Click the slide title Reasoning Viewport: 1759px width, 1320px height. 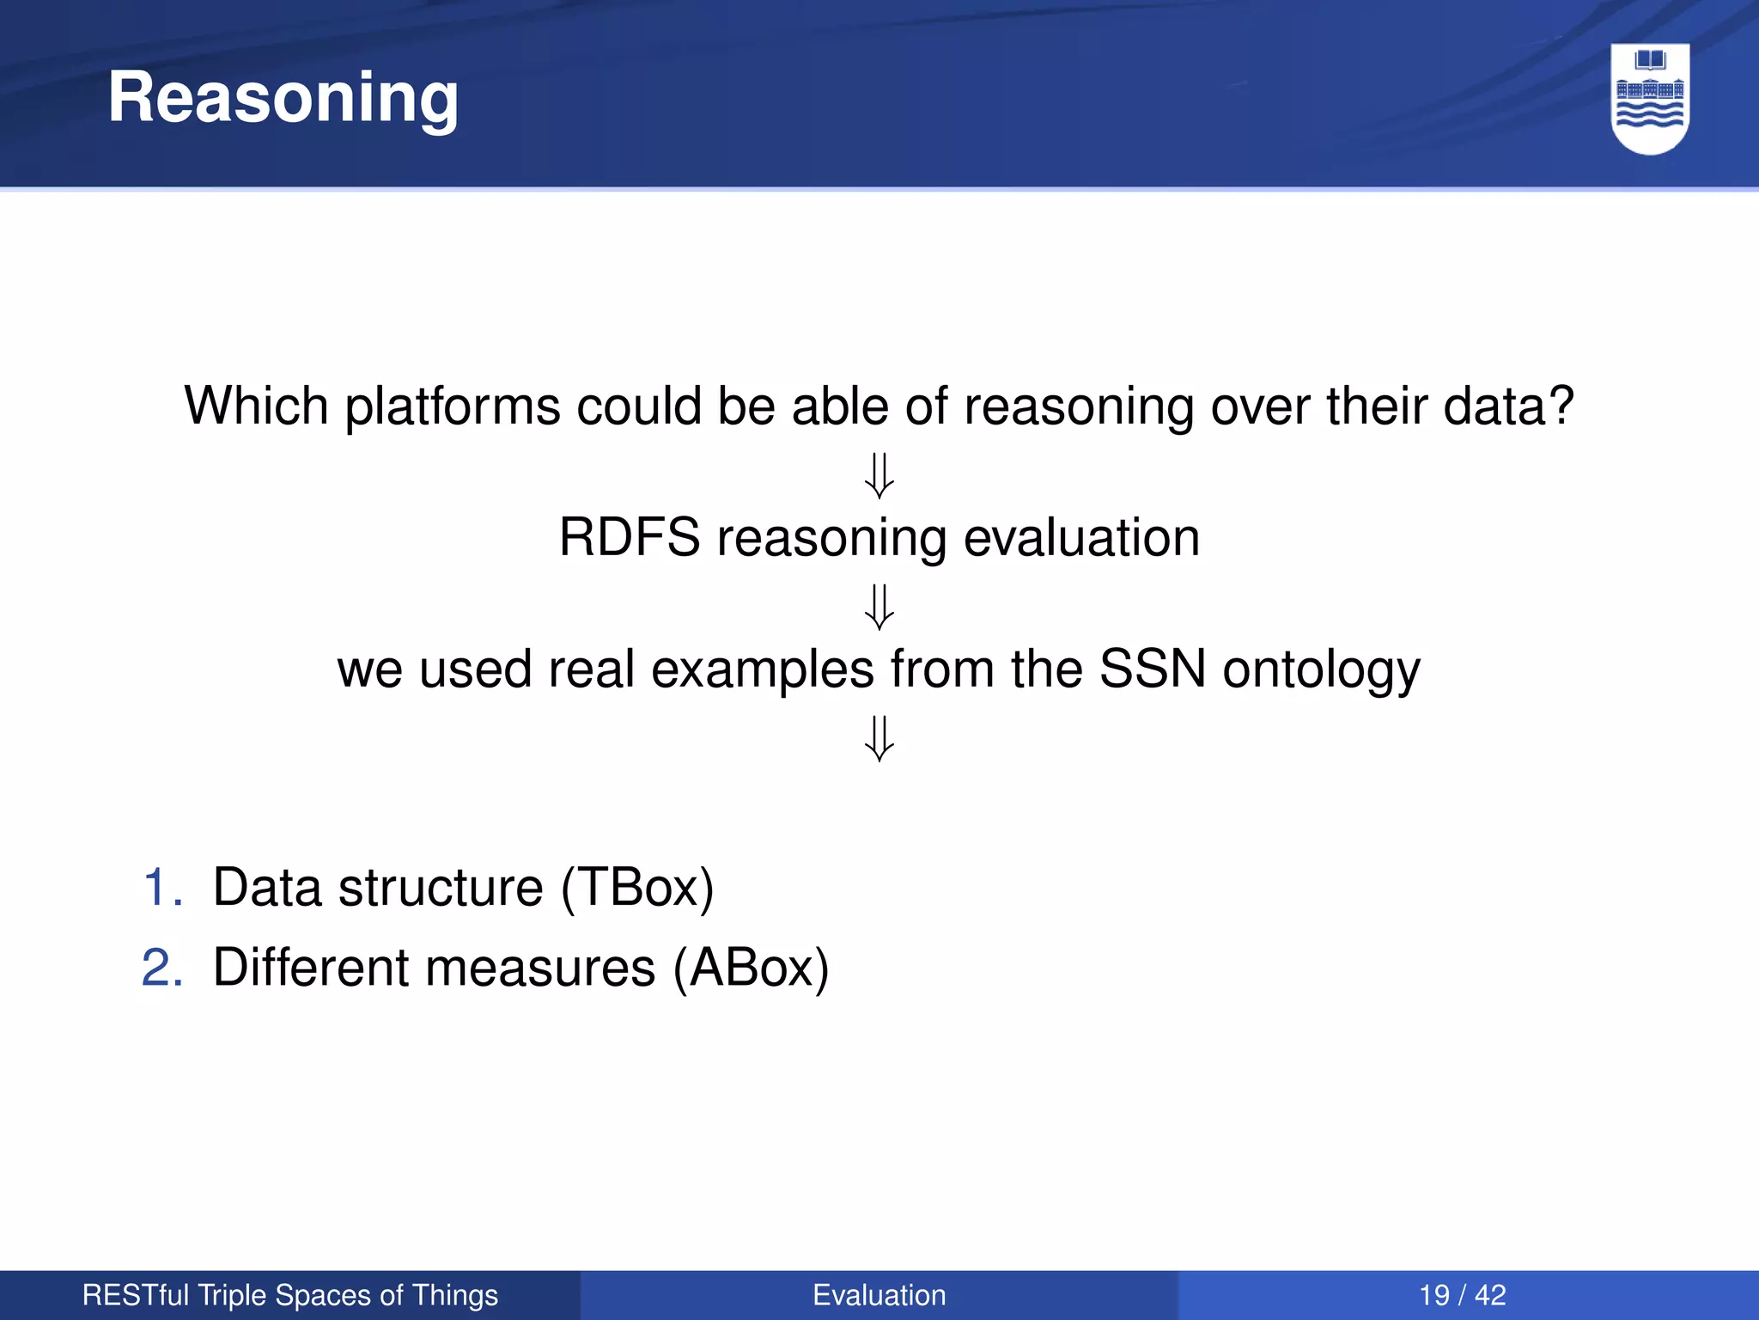(x=283, y=98)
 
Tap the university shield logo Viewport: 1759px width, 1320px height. (x=1650, y=98)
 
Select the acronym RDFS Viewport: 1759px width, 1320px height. (x=630, y=538)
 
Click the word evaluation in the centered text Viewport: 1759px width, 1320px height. (x=1081, y=538)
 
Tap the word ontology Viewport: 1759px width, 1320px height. (x=1321, y=670)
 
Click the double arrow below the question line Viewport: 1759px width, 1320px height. (x=879, y=475)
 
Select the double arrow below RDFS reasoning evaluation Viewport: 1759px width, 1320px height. (x=879, y=607)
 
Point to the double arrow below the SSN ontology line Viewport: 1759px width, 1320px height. (x=879, y=738)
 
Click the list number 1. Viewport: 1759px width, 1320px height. (x=161, y=887)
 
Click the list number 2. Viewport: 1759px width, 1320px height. (x=161, y=968)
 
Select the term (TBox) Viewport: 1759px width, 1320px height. (x=637, y=887)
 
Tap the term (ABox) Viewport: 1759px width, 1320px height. (x=751, y=968)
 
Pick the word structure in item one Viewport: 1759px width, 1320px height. (x=441, y=887)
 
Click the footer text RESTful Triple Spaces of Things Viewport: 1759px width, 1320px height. (x=289, y=1295)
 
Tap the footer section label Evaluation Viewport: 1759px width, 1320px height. (x=879, y=1295)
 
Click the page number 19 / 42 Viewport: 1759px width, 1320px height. (x=1462, y=1295)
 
